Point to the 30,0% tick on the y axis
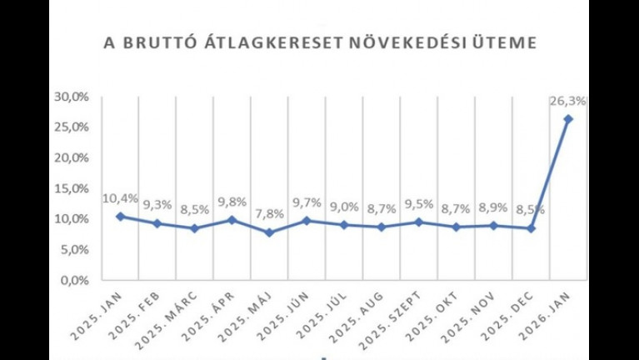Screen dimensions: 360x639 (72, 97)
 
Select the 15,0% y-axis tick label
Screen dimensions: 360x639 (72, 188)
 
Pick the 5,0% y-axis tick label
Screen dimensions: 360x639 (75, 249)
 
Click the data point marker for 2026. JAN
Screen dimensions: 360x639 (568, 119)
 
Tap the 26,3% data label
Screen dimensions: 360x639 (568, 101)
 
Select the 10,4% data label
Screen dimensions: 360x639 (120, 198)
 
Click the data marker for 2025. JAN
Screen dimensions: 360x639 (120, 217)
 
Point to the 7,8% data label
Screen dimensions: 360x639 (269, 213)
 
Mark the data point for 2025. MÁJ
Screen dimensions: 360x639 (269, 232)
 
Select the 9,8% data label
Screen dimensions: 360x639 (232, 202)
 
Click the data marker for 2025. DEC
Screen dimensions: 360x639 (531, 228)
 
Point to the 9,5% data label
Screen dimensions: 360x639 (419, 203)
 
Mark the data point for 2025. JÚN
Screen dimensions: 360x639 (307, 221)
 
